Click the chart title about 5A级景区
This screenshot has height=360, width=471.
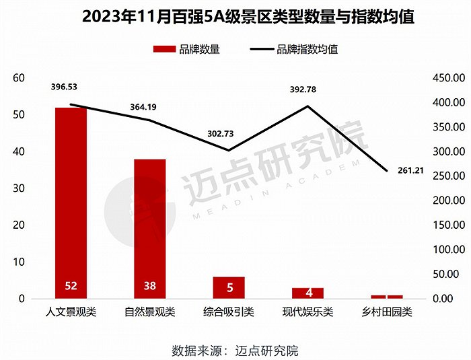click(x=235, y=17)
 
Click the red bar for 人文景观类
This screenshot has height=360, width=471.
click(x=71, y=202)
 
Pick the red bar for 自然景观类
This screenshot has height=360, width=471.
click(x=149, y=229)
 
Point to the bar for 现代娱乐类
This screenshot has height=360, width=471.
click(x=307, y=293)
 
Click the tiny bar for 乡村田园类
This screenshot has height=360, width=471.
click(x=386, y=296)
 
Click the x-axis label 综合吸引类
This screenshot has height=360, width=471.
click(x=229, y=312)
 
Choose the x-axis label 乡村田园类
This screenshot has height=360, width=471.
click(x=386, y=312)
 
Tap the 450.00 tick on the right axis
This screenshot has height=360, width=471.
click(x=446, y=78)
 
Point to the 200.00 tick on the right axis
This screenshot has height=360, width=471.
click(x=446, y=201)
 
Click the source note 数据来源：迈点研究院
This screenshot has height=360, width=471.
click(x=235, y=350)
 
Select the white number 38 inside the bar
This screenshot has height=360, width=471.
click(x=149, y=286)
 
